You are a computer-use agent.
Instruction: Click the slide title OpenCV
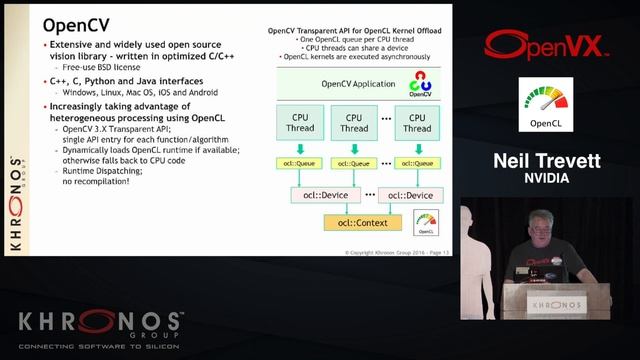click(x=76, y=24)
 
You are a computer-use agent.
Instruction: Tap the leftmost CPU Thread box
click(x=299, y=123)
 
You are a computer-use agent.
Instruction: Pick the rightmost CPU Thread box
click(x=418, y=123)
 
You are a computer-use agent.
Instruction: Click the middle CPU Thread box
click(x=353, y=123)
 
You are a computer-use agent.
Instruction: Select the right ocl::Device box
click(x=405, y=194)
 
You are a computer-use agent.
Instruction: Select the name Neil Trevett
click(x=545, y=161)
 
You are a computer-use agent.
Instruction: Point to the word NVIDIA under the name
click(x=545, y=179)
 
